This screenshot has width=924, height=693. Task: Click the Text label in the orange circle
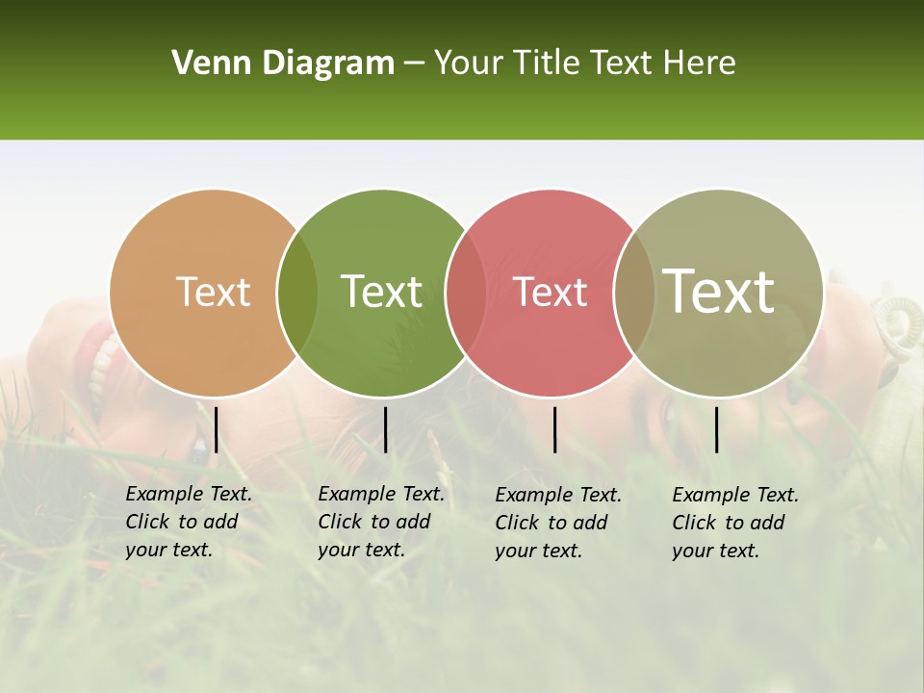coord(213,292)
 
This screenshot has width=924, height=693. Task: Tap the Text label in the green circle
coord(381,292)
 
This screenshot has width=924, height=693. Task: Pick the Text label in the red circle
coord(550,292)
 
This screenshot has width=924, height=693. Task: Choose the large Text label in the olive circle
coord(718,292)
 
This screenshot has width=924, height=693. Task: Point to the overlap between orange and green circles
coord(297,293)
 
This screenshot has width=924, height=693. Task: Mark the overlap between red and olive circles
coord(633,293)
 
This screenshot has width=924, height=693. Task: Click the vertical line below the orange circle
coord(217,429)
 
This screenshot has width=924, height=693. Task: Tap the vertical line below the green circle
coord(385,429)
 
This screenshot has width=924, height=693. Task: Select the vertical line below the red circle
coord(554,429)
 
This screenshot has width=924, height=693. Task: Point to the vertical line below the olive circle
coord(716,429)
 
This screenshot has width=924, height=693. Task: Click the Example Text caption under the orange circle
coord(189,522)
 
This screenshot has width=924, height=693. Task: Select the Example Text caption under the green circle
coord(381,522)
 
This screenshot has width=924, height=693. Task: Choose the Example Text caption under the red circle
coord(558,523)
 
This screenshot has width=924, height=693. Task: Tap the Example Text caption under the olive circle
coord(735,523)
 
